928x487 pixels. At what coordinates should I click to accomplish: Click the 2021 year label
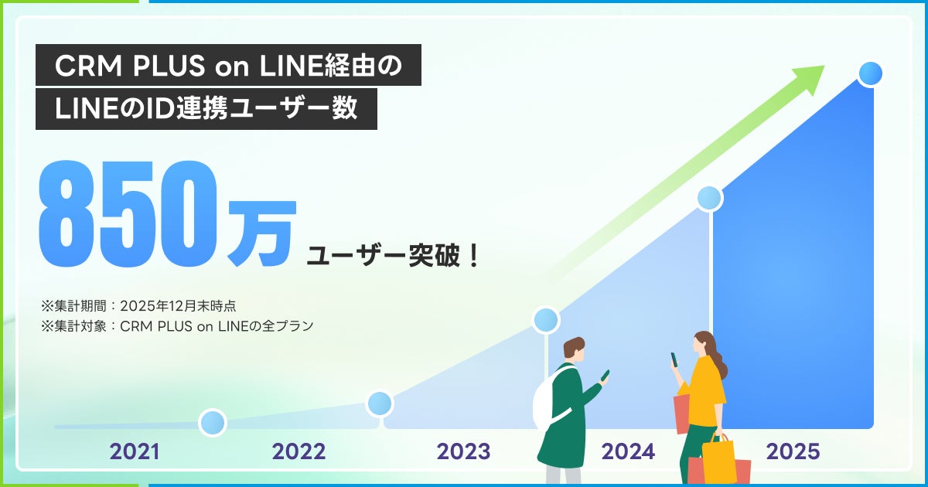point(135,451)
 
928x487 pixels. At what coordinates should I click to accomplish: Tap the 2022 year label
point(299,451)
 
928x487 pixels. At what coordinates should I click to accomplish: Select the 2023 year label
point(463,451)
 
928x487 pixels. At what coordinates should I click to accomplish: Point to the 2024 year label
point(628,451)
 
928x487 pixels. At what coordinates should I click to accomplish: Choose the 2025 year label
point(793,451)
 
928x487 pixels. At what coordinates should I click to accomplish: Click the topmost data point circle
point(870,74)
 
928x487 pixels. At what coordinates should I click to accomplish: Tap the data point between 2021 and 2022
point(212,422)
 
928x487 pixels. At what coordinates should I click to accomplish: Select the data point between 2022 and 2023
point(379,403)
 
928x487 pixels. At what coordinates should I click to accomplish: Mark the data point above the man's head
point(546,319)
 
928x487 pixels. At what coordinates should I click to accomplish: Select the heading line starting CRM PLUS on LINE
point(228,66)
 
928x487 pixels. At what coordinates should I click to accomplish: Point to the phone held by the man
point(605,375)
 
